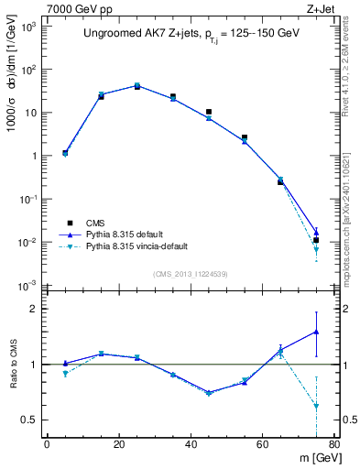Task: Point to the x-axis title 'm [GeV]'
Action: point(311,459)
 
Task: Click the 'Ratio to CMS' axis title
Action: point(14,365)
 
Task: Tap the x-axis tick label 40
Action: point(191,445)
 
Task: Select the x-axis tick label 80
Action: point(334,445)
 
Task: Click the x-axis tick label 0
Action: point(47,445)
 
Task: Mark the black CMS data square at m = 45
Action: point(209,112)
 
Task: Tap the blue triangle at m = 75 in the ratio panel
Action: point(316,332)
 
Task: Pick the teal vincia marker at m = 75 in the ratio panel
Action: point(316,405)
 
